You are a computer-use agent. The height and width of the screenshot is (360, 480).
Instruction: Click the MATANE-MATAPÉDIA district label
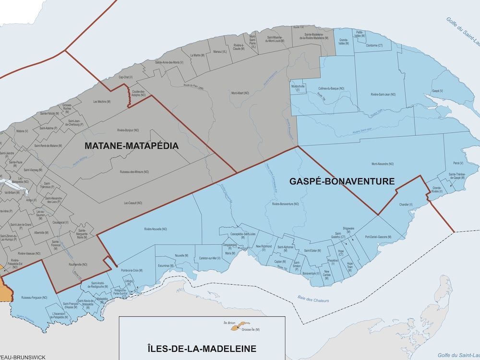[124, 145]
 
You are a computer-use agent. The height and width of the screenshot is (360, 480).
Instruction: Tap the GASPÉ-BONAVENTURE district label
[342, 181]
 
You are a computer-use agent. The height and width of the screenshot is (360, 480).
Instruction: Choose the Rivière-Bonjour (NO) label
[128, 130]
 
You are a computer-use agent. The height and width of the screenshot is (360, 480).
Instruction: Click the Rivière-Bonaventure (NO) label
[285, 204]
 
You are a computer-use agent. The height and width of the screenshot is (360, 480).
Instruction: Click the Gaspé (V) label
[437, 91]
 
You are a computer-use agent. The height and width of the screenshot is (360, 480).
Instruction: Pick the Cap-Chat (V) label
[125, 77]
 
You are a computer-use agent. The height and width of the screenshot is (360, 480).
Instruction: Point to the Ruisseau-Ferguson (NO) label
[35, 298]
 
